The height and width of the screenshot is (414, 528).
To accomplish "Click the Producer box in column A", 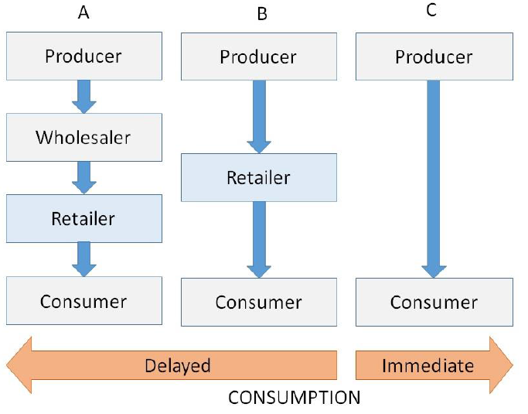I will tap(83, 56).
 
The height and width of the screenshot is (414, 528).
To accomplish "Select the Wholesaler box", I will tap(83, 138).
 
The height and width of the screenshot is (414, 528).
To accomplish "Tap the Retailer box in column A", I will tap(83, 218).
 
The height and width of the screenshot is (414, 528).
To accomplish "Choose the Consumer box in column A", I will tap(83, 300).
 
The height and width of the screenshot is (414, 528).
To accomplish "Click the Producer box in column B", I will tap(258, 57).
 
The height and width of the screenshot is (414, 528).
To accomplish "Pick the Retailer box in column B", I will tap(258, 177).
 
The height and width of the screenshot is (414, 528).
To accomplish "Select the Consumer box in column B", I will tap(258, 302).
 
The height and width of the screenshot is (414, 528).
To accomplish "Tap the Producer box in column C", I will tap(434, 57).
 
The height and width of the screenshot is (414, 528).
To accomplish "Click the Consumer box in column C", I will tap(434, 302).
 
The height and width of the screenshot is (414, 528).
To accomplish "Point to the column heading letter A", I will tap(83, 13).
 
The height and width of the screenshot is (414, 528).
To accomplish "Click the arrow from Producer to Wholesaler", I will tap(83, 96).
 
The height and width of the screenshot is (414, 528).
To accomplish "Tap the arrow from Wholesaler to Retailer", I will tap(83, 177).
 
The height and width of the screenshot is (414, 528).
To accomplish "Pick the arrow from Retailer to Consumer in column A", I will tap(83, 258).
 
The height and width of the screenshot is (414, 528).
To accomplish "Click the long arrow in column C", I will tap(434, 178).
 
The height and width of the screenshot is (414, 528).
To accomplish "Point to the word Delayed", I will tap(178, 364).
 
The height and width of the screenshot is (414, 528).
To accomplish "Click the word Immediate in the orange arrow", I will tap(428, 364).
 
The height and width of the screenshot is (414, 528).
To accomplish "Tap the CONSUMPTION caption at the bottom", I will tap(294, 398).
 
